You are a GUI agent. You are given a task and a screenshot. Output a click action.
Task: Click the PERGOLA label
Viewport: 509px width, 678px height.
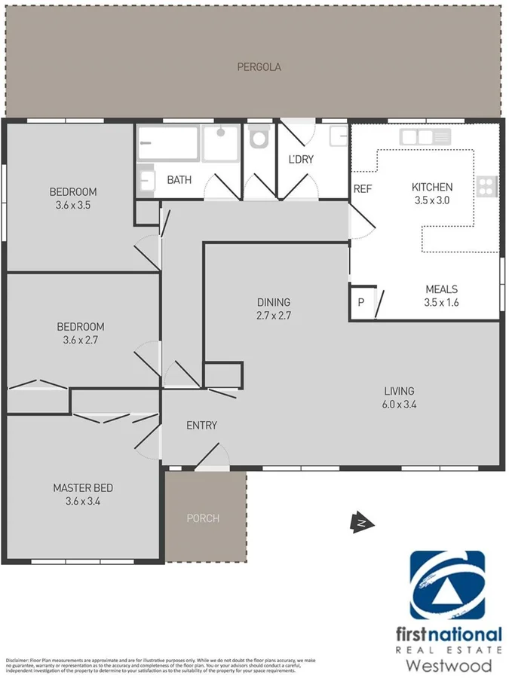pos(259,67)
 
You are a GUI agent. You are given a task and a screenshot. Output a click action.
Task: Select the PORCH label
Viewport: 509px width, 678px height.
pos(203,518)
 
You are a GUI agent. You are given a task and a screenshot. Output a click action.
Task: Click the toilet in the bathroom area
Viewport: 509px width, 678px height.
pos(259,137)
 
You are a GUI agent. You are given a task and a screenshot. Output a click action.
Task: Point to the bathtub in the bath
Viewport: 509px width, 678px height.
pos(167,143)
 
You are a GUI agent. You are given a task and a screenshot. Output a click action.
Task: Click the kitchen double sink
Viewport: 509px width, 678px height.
pos(425,137)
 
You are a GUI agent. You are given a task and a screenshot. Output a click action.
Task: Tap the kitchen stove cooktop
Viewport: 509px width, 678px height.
pos(487,185)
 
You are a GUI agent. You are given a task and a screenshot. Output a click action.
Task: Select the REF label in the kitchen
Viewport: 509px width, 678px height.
pos(363,188)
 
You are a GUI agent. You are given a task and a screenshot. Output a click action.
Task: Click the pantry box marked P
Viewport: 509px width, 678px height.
pos(360,303)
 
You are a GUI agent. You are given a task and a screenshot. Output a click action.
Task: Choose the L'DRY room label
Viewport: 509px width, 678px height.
pos(301,160)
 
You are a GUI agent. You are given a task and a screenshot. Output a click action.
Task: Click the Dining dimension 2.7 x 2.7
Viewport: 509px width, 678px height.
pos(272,316)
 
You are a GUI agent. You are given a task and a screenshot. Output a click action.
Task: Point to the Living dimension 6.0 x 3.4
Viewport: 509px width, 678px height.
pos(399,405)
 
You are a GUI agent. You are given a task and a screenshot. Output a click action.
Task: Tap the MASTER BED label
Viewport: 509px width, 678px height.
pos(83,488)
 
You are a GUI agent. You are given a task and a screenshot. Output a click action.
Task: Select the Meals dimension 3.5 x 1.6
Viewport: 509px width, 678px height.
pos(441,302)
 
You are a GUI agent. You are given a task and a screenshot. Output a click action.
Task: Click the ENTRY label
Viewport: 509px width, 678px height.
pos(201,426)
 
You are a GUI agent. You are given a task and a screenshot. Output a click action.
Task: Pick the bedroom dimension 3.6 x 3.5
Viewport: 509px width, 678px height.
pos(73,204)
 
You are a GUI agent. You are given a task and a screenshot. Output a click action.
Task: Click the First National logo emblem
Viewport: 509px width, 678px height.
pos(447,585)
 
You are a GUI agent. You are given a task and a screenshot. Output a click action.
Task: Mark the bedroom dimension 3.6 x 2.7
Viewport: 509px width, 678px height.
pos(81,340)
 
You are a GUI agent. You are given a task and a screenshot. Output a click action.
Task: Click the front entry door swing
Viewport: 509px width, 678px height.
pos(213,457)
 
